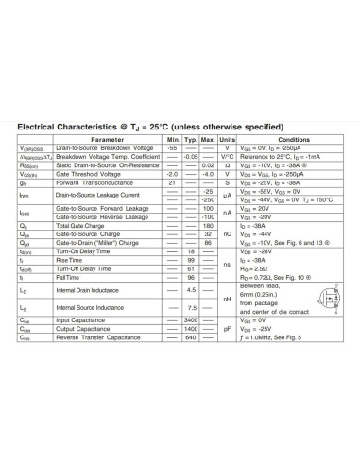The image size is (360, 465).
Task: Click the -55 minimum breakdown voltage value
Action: [x=172, y=148]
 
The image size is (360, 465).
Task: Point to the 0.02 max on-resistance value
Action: [x=208, y=165]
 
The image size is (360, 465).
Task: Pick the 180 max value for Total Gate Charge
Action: [x=208, y=227]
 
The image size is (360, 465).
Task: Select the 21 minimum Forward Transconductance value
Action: [x=172, y=182]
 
